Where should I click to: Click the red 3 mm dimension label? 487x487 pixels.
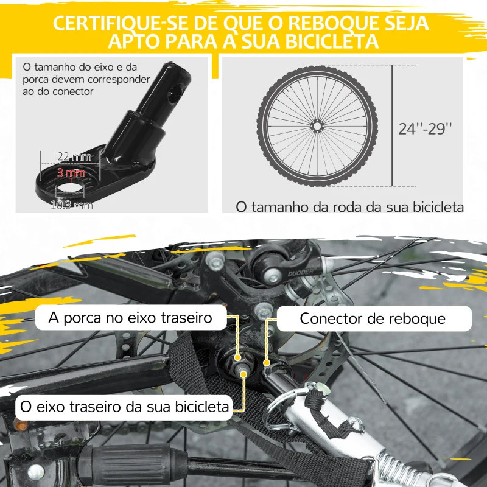click(70, 173)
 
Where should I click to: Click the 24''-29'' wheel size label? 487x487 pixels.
click(426, 128)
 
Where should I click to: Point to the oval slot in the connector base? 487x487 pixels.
click(71, 184)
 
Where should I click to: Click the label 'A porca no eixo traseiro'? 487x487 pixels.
click(131, 317)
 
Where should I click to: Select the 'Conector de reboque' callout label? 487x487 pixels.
click(373, 318)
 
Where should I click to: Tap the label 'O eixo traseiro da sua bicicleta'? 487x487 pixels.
click(125, 405)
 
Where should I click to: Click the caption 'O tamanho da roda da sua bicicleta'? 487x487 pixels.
click(349, 207)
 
